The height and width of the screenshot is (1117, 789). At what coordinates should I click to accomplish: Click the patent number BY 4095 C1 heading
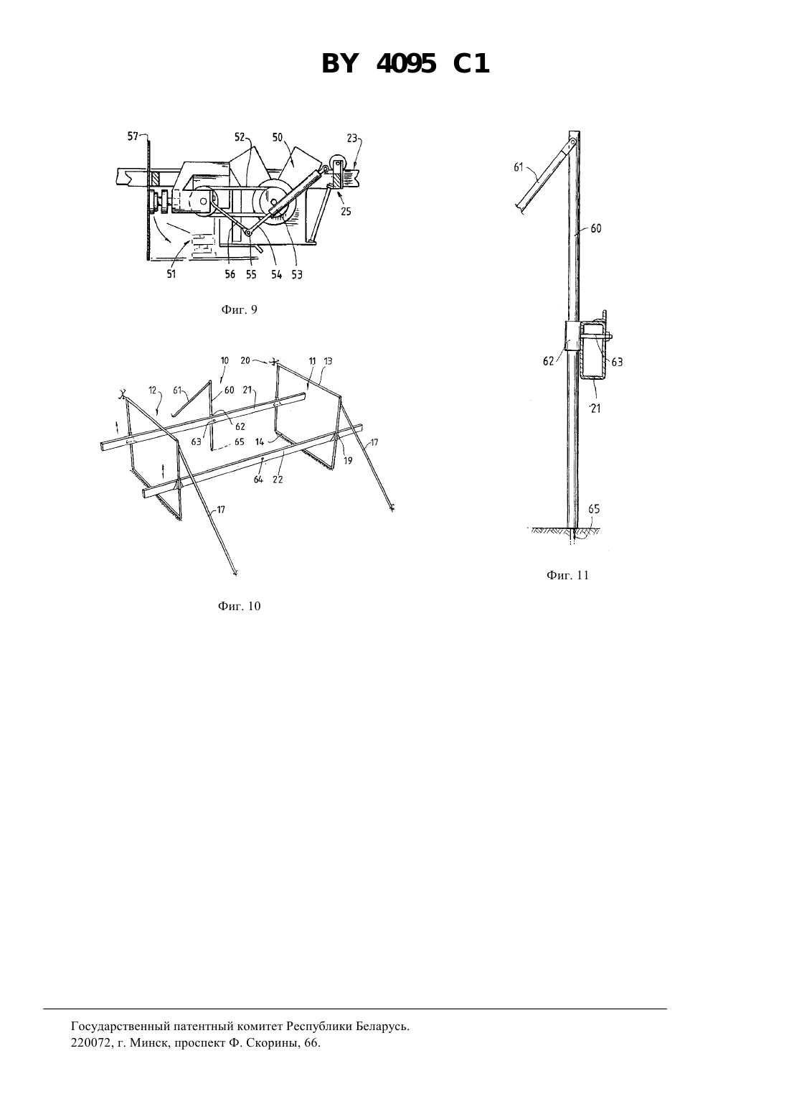tap(405, 65)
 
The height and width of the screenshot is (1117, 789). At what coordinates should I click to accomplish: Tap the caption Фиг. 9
tap(239, 309)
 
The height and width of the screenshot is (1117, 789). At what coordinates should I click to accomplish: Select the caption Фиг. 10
tap(239, 606)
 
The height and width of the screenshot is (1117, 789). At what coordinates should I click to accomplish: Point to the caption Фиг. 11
tap(567, 575)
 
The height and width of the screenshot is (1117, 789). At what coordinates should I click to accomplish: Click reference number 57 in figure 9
tap(133, 136)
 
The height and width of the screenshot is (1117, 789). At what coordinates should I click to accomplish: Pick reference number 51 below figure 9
tap(171, 274)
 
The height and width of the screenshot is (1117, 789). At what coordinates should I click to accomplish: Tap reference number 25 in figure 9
tap(346, 212)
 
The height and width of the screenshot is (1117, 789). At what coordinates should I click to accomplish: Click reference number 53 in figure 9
tap(297, 274)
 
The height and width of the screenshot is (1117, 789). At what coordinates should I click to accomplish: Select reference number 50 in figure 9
tap(277, 137)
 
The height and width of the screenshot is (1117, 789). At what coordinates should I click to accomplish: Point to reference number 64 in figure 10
tap(258, 480)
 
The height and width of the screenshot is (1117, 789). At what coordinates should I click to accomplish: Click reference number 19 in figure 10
tap(348, 461)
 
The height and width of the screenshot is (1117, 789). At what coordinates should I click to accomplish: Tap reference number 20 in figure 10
tap(245, 360)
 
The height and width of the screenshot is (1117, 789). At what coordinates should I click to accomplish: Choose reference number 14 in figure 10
tap(260, 441)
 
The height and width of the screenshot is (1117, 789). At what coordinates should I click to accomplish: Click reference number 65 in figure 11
tap(594, 509)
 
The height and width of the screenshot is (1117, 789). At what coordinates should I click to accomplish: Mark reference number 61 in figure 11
tap(519, 167)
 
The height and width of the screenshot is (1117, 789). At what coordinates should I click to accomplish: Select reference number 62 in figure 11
tap(548, 361)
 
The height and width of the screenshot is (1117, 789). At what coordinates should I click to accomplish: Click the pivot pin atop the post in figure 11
tap(573, 142)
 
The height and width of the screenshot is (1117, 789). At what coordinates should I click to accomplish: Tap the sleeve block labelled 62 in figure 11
tap(572, 335)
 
